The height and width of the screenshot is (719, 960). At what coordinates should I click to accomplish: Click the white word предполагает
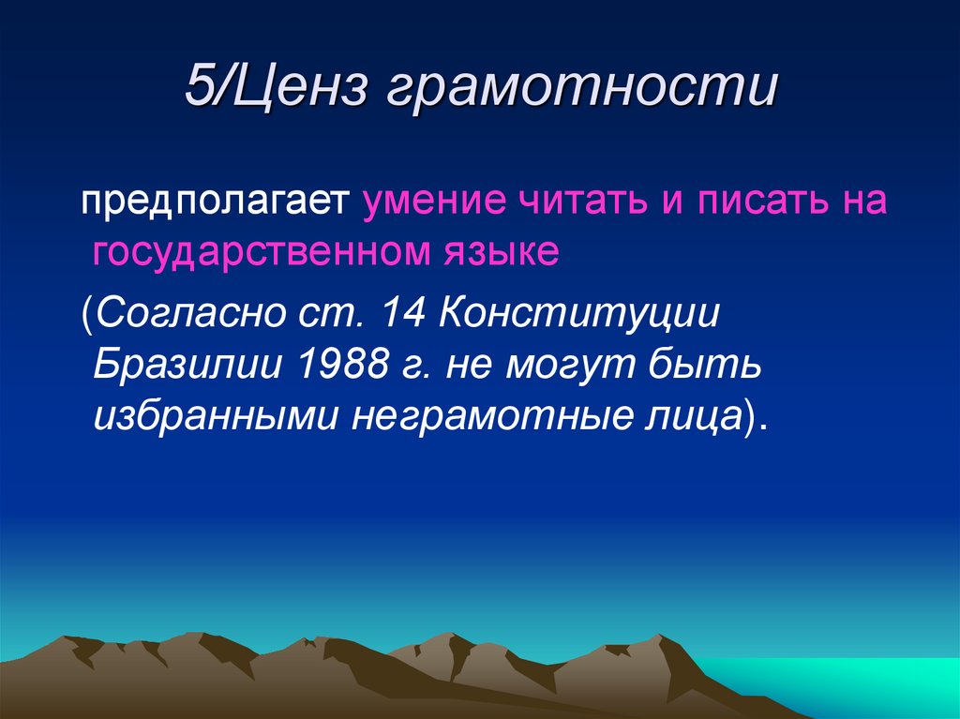214,203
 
